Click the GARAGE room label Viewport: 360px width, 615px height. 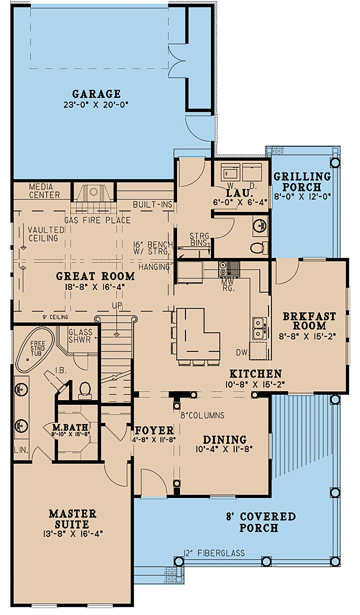click(96, 94)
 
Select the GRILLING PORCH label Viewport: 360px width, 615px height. click(302, 182)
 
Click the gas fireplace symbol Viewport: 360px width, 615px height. click(94, 194)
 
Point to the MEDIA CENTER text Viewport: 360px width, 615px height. click(44, 191)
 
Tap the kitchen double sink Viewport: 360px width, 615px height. click(259, 328)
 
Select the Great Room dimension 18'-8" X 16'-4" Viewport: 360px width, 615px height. click(96, 287)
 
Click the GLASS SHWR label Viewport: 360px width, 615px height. click(80, 336)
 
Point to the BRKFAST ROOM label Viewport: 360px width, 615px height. click(309, 321)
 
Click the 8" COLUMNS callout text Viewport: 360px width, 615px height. click(202, 415)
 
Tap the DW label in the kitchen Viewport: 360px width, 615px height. click(242, 353)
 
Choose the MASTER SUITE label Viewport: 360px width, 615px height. click(72, 519)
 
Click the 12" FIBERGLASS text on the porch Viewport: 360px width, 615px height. click(214, 553)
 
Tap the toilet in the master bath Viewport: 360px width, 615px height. click(85, 389)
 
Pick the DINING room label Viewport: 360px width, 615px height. click(224, 440)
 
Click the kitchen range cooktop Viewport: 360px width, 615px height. click(223, 268)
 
